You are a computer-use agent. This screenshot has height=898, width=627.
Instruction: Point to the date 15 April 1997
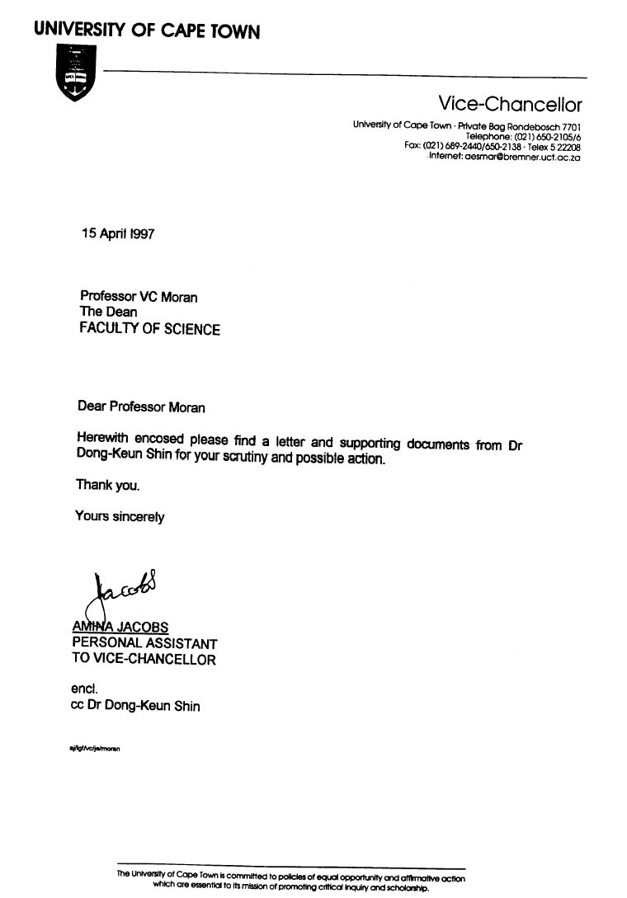(118, 233)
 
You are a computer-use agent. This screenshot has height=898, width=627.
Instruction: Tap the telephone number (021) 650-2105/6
(548, 136)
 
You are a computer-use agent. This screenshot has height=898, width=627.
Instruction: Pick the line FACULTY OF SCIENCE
(149, 329)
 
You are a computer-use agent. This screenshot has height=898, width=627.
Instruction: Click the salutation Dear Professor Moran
(141, 407)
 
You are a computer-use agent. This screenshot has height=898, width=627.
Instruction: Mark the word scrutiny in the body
(245, 457)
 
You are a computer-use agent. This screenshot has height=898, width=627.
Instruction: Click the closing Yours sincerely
(120, 517)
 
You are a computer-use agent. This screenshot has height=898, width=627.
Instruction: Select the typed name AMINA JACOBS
(120, 627)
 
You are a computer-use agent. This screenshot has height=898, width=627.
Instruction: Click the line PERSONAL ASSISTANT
(144, 643)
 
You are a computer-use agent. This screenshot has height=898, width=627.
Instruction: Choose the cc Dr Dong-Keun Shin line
(135, 706)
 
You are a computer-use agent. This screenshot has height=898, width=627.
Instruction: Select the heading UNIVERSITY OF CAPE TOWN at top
(147, 31)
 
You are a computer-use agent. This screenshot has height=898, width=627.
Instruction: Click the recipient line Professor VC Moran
(139, 296)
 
